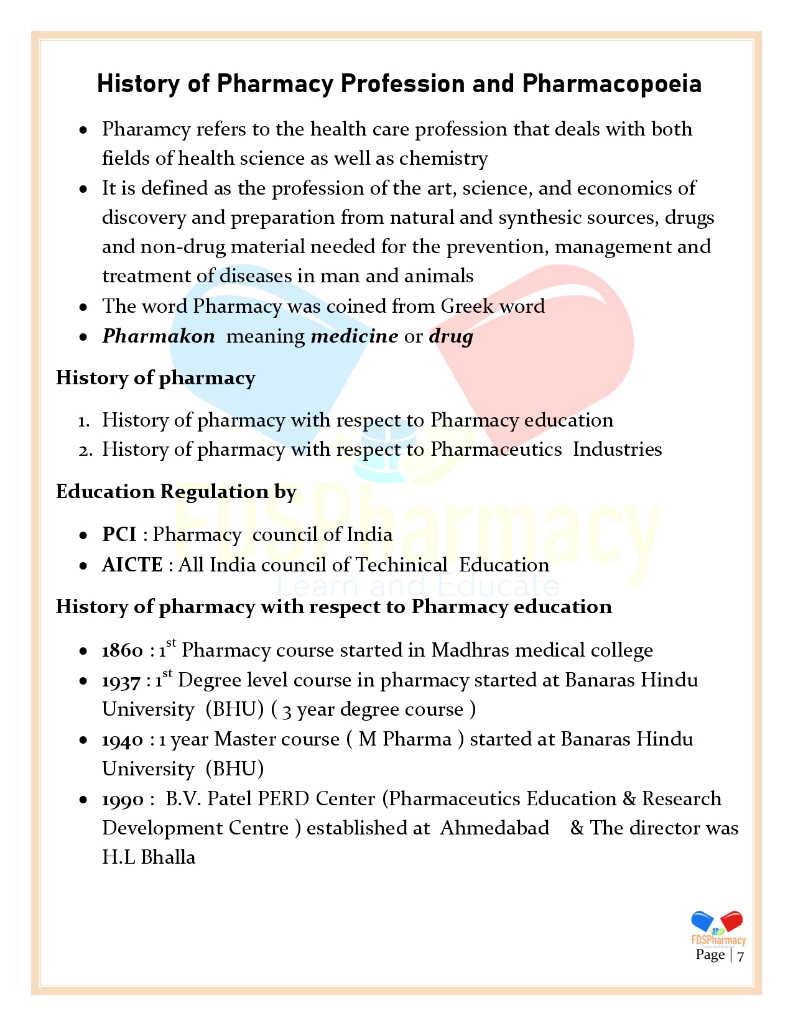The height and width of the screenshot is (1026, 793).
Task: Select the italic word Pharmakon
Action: click(x=159, y=336)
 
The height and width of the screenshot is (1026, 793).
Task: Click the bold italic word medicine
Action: click(x=354, y=336)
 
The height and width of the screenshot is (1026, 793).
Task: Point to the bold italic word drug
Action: click(x=451, y=337)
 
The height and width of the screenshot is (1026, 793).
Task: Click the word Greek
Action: click(x=463, y=306)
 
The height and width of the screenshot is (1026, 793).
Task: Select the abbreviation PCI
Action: click(x=119, y=534)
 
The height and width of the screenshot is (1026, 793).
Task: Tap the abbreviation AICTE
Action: click(x=132, y=565)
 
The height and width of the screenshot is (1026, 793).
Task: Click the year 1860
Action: click(x=123, y=650)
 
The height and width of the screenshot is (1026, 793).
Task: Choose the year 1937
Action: click(x=121, y=681)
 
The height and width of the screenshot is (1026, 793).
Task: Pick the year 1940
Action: click(x=123, y=740)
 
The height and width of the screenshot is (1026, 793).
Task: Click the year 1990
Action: click(x=123, y=800)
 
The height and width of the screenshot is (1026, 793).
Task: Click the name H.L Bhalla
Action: click(x=149, y=857)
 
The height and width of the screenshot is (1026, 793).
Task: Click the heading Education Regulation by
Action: click(x=176, y=492)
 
